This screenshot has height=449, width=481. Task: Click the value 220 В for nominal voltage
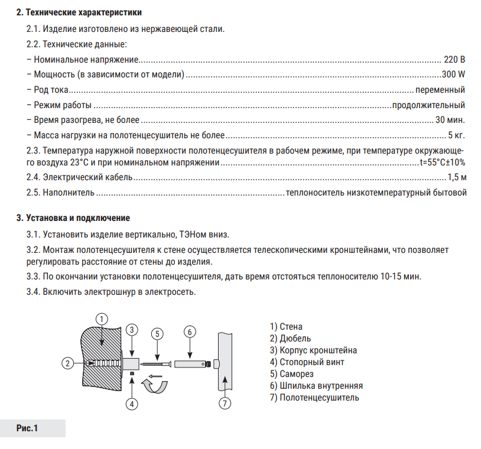coord(454,60)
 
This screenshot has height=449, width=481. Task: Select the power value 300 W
coord(453,74)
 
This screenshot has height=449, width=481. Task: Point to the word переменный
coord(440,90)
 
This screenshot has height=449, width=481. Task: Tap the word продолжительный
coord(428,105)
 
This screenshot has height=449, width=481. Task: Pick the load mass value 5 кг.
coord(457,135)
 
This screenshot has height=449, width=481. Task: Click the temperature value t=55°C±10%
coord(442,162)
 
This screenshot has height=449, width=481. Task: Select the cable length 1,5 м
coord(457,177)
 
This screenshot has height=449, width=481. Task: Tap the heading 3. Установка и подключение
coord(73,218)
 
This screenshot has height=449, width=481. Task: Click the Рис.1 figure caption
coord(27,428)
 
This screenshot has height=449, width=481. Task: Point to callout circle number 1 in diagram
coord(102,318)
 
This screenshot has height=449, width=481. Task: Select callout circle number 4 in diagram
coord(132,404)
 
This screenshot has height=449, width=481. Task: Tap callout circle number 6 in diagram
coord(189,331)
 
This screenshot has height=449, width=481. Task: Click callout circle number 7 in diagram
coord(225,404)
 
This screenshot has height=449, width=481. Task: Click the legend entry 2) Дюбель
coord(291,338)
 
